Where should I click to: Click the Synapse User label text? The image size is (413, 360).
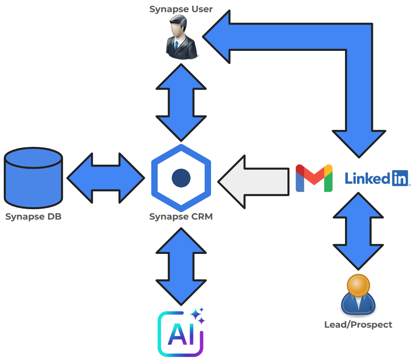[x=181, y=9]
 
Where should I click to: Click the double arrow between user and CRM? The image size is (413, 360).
[x=181, y=102]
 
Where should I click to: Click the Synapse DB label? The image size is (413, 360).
[x=33, y=217]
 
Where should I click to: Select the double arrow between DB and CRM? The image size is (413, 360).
[x=106, y=178]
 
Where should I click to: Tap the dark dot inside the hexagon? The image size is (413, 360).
[x=181, y=178]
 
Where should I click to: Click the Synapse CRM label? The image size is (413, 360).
[x=181, y=217]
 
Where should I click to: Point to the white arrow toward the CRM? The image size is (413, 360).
[x=256, y=182]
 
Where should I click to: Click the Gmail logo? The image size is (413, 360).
[x=314, y=178]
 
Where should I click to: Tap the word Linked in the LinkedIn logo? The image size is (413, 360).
[x=367, y=178]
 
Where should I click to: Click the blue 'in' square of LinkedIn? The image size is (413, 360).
[x=400, y=178]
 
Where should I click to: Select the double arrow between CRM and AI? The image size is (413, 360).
[x=181, y=266]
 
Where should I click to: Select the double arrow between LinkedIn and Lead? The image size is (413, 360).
[x=358, y=231]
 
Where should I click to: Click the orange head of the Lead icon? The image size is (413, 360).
[x=358, y=285]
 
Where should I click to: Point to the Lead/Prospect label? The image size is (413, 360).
[x=358, y=325]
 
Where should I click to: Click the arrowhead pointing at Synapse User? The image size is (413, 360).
[x=217, y=37]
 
